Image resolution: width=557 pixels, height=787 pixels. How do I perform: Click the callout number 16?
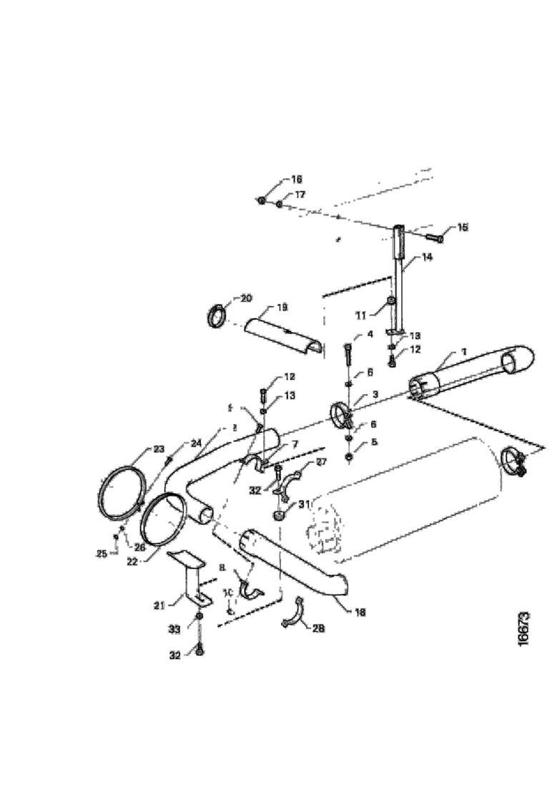[x=296, y=179]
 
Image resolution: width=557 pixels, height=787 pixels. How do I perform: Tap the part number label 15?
[x=463, y=227]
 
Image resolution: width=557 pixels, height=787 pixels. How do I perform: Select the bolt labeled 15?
[x=435, y=237]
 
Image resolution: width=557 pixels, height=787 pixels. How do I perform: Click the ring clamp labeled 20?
[x=215, y=315]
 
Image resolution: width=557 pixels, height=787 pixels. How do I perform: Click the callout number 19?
[x=282, y=307]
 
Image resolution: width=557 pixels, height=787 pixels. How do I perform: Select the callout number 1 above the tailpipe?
[x=463, y=352]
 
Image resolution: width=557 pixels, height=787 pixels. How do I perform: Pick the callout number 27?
[x=320, y=462]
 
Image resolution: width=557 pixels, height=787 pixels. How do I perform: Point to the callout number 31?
[x=304, y=504]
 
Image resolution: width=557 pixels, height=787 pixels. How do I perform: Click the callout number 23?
[x=159, y=450]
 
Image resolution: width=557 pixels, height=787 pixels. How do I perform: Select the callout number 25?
[x=101, y=554]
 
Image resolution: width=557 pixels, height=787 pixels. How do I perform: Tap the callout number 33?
[x=174, y=629]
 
